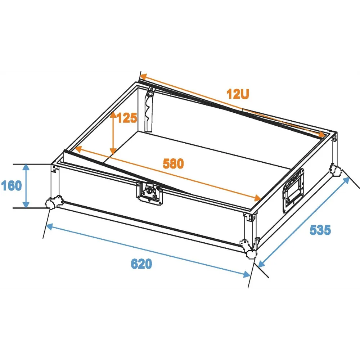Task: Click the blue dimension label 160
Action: click(12, 185)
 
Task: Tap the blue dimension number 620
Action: click(141, 264)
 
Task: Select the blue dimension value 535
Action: click(320, 230)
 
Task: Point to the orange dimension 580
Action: click(174, 163)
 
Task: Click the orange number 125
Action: click(127, 118)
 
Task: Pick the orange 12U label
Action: click(238, 94)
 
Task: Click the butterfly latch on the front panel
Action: click(150, 192)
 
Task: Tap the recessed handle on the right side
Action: click(293, 190)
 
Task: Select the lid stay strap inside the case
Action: click(149, 110)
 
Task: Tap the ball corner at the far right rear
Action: click(335, 170)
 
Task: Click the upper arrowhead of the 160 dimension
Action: click(26, 167)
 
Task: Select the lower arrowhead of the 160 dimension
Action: click(26, 205)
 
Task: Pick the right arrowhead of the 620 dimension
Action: click(247, 274)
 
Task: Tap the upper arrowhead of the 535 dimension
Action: click(346, 181)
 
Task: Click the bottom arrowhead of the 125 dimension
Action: click(113, 151)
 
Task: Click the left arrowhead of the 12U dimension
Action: click(144, 77)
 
